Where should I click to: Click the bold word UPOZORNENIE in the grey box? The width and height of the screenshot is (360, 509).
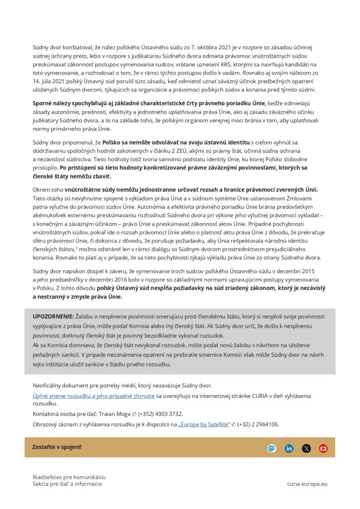(x=53, y=317)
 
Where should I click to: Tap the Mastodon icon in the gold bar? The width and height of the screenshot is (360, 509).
(x=271, y=448)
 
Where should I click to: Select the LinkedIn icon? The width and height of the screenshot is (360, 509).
(x=289, y=448)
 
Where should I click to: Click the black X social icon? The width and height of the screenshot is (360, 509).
(x=306, y=448)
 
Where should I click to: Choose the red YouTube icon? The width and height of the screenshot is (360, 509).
(x=323, y=448)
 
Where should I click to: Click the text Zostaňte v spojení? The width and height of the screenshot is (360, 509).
(x=57, y=447)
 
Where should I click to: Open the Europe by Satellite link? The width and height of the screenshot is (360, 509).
(x=204, y=424)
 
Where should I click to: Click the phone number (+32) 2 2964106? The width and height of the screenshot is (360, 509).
(x=258, y=424)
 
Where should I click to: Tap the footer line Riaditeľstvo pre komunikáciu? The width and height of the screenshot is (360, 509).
(x=69, y=477)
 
